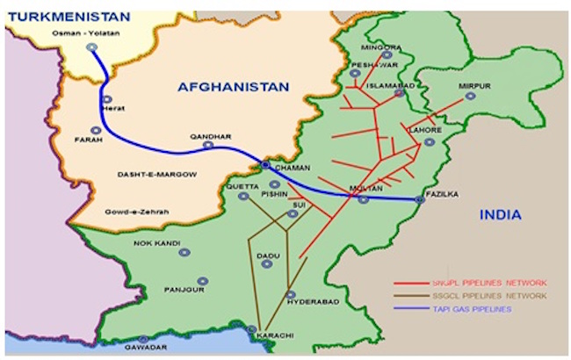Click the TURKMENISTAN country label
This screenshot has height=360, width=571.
[x=67, y=15]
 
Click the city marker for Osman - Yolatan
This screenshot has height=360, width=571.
[x=92, y=47]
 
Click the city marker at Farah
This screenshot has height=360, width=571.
[x=95, y=130]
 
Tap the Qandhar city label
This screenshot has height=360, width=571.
[x=211, y=137]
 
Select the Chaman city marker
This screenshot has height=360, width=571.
[x=265, y=164]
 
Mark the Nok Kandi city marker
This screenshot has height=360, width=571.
[x=184, y=252]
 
